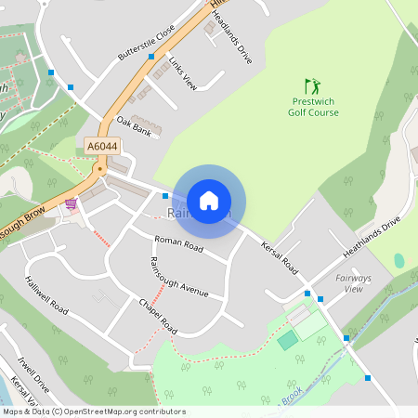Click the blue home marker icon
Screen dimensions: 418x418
(209, 200)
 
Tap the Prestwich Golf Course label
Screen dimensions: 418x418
(313, 107)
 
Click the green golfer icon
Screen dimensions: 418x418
(312, 85)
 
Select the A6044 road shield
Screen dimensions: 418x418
(101, 147)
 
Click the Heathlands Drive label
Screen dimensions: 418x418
(372, 238)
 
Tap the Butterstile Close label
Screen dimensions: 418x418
(146, 43)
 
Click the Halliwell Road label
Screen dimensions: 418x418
(46, 294)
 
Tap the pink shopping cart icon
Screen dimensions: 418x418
(71, 204)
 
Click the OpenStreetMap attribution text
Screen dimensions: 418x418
(93, 411)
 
